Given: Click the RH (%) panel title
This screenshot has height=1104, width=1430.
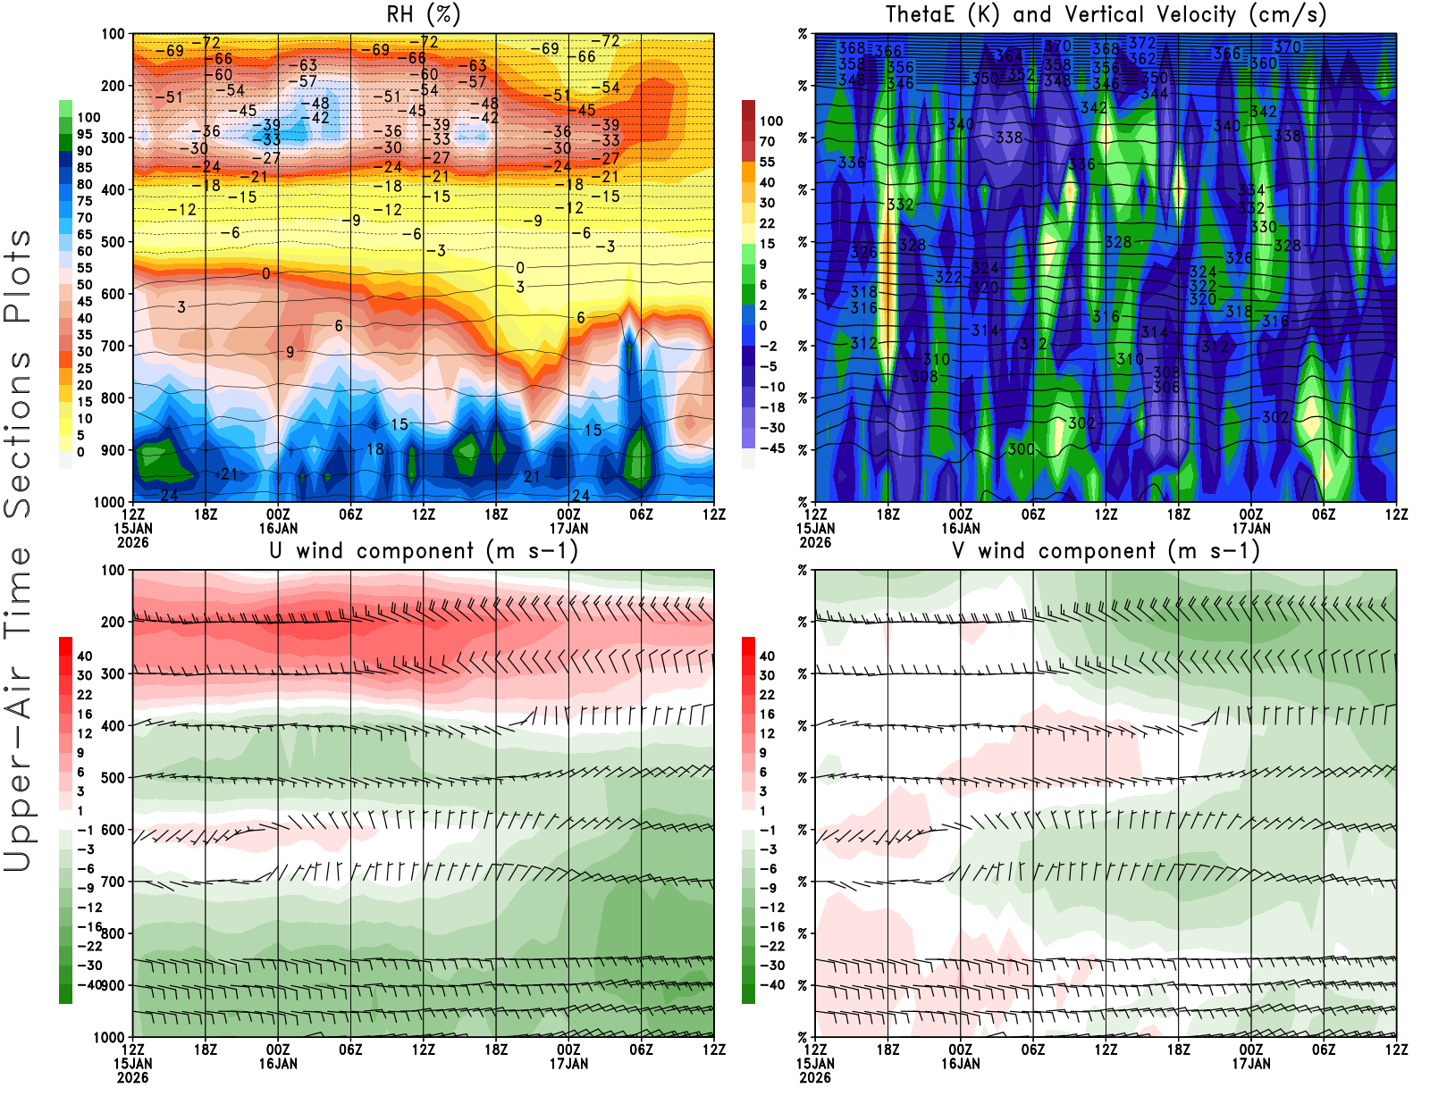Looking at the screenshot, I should [424, 14].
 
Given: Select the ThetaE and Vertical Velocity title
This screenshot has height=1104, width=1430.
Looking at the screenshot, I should [1106, 14].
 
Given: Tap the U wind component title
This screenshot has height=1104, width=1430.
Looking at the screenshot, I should [424, 550].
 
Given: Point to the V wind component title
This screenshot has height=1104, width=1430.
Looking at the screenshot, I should [1106, 550].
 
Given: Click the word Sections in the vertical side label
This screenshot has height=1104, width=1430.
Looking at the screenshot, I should [18, 434].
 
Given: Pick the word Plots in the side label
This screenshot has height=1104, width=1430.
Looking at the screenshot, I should [18, 277].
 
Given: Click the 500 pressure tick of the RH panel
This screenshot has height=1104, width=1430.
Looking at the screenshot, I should [114, 242].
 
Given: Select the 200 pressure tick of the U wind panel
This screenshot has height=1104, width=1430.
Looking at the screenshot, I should [114, 622].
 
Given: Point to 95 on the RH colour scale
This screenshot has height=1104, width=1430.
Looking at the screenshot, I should [84, 134].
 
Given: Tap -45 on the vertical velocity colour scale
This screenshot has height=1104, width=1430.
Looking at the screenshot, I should [771, 448].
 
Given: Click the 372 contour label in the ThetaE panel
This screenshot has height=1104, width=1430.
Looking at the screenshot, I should [1141, 43].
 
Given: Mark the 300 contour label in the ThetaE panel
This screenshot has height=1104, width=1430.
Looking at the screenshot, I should [1022, 449].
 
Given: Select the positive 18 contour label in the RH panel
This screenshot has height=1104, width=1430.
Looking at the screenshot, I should [375, 449].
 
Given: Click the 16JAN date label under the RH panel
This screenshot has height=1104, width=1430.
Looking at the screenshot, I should [278, 528].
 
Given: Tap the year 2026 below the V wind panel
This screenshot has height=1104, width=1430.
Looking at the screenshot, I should [815, 1077].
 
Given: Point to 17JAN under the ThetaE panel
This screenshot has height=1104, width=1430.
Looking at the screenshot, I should [1251, 528].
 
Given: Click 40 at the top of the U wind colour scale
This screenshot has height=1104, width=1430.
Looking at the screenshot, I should [84, 657].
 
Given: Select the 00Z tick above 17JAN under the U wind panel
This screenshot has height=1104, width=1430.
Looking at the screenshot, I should [568, 1050].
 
